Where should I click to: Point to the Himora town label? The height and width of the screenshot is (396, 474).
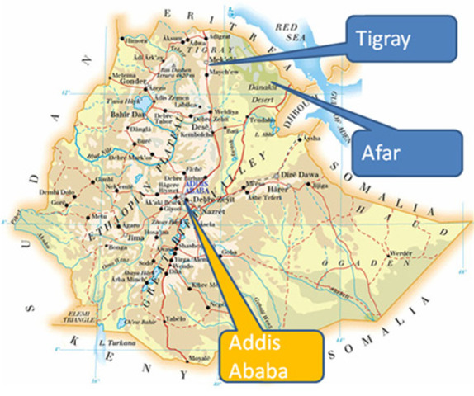tap(136, 40)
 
